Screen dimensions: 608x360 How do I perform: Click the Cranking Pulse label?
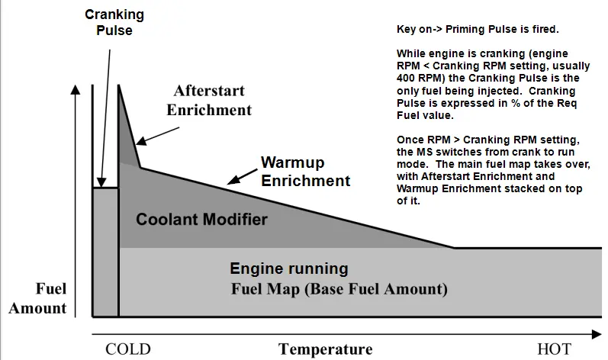(114, 22)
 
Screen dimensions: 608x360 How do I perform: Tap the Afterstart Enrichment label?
(209, 101)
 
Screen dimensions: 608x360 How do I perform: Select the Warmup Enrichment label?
(306, 172)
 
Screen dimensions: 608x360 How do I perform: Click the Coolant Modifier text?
(201, 220)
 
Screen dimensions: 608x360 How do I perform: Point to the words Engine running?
(289, 268)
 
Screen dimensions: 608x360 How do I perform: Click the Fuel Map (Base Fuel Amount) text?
(339, 289)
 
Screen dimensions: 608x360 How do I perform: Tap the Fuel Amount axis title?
(38, 298)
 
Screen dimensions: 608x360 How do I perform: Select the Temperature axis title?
(325, 349)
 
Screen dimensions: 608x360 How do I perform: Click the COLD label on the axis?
(128, 349)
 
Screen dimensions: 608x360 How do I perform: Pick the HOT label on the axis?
(554, 349)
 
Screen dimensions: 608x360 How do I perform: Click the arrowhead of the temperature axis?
(597, 334)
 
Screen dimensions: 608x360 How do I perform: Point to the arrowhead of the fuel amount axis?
(76, 89)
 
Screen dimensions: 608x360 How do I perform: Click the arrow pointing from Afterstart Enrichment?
(157, 136)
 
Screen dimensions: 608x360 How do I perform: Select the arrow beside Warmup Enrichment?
(243, 176)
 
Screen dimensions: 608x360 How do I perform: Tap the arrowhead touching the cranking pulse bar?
(101, 182)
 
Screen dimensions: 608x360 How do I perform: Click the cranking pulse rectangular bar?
(105, 252)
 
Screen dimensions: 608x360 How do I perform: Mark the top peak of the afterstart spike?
(119, 85)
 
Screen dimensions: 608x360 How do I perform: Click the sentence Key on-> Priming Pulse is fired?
(478, 30)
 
